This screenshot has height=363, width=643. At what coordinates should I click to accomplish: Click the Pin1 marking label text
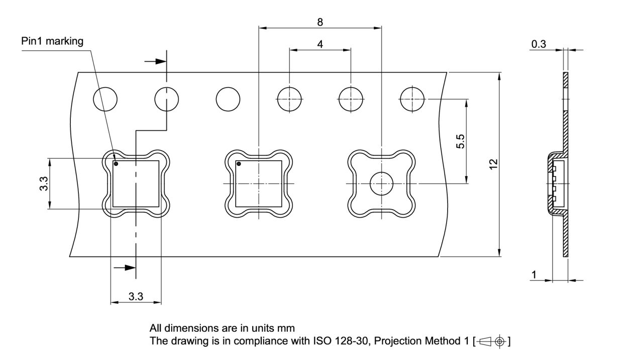(52, 41)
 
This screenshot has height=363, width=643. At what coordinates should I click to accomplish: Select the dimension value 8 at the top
(320, 22)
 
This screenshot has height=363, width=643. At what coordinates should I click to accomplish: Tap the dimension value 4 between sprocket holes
(320, 44)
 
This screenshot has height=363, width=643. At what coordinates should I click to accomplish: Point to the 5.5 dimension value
(460, 141)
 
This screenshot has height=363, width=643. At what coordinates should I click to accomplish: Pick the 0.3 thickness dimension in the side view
(539, 44)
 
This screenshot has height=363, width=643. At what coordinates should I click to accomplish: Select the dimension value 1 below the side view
(534, 275)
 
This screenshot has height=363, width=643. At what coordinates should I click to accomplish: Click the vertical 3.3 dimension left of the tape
(44, 184)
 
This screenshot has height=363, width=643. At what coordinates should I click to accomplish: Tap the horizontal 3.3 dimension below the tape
(136, 297)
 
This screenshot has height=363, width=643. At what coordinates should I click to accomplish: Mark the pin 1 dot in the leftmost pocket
(116, 164)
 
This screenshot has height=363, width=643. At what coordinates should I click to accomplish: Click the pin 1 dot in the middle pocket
(239, 164)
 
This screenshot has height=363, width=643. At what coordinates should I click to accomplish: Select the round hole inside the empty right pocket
(382, 184)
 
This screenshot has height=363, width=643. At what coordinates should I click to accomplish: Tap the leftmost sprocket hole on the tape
(105, 99)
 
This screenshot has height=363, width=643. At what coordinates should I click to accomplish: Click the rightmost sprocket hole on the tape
(412, 99)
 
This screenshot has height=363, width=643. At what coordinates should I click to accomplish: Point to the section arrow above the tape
(155, 61)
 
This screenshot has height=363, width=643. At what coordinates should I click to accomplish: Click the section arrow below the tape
(125, 267)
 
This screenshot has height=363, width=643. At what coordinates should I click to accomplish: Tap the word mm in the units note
(286, 329)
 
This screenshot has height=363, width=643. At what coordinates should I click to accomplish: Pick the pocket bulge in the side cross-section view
(551, 184)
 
